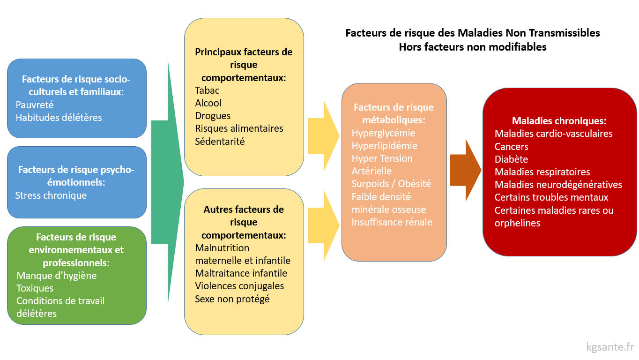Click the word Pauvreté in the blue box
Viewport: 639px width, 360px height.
coord(35,105)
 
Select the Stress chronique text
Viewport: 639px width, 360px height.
coord(51,195)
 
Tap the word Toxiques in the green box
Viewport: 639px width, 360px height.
coord(35,288)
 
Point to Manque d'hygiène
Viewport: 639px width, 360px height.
coord(57,275)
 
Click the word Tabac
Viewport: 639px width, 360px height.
coord(207,90)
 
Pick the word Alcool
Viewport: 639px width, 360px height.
coord(208,103)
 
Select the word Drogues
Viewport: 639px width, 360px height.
coord(213,115)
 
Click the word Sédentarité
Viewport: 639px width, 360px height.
coord(220,141)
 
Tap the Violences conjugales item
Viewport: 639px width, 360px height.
coord(239,285)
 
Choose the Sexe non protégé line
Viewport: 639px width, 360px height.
coord(232,298)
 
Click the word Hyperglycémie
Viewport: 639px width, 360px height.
coord(383,133)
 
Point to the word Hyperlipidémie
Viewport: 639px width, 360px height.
coord(384,145)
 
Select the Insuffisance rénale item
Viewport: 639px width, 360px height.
coord(392,222)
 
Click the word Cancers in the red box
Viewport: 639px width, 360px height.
coord(511,146)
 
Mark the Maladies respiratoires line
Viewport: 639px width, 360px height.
coord(542,172)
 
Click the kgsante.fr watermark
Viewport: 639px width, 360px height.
coord(610,347)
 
